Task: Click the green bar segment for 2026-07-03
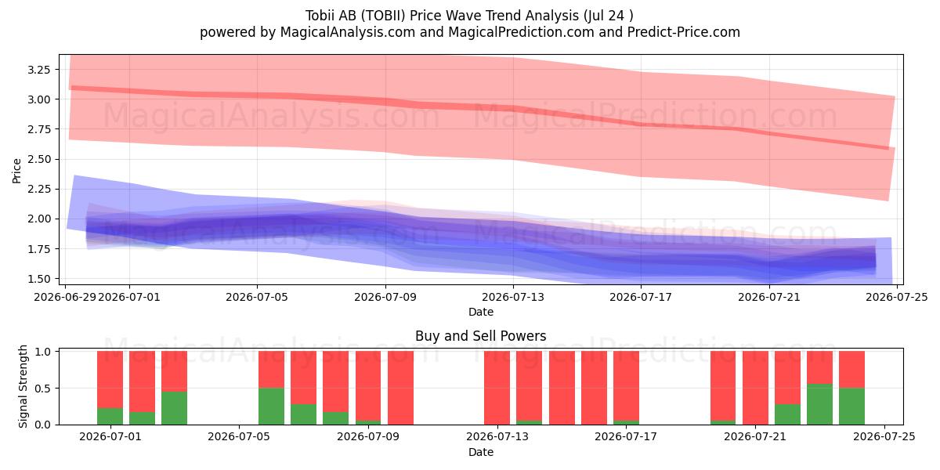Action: pyautogui.click(x=174, y=408)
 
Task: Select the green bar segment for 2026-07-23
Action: pyautogui.click(x=819, y=404)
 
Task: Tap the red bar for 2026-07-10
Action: pyautogui.click(x=401, y=388)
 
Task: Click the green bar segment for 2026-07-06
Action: pyautogui.click(x=272, y=407)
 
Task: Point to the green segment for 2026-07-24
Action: pyautogui.click(x=852, y=407)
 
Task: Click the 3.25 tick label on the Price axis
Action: pyautogui.click(x=38, y=70)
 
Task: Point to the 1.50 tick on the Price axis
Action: pyautogui.click(x=38, y=279)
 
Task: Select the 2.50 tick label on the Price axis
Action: pyautogui.click(x=38, y=160)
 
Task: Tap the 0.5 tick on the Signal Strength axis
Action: pyautogui.click(x=42, y=389)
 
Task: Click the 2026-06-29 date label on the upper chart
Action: pyautogui.click(x=65, y=297)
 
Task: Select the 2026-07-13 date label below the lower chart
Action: pyautogui.click(x=497, y=437)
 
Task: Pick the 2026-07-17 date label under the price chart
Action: pyautogui.click(x=641, y=297)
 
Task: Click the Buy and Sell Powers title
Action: pyautogui.click(x=481, y=336)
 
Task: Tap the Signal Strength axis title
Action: pyautogui.click(x=23, y=386)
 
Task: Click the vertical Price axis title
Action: pyautogui.click(x=16, y=171)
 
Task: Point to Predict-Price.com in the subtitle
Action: pyautogui.click(x=684, y=32)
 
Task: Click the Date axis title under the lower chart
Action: pyautogui.click(x=481, y=453)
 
